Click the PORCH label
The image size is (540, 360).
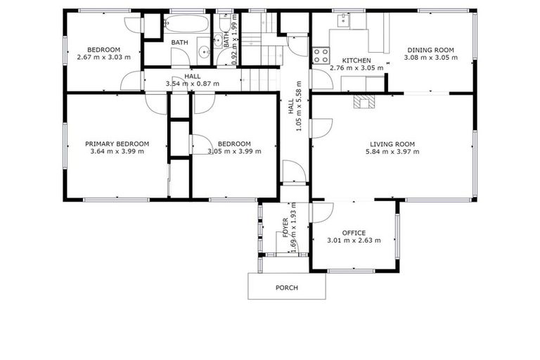[286, 288]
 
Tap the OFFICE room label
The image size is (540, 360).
[354, 233]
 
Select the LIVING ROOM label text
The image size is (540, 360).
[392, 144]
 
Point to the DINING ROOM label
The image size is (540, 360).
[430, 50]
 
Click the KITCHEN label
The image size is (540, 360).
[356, 60]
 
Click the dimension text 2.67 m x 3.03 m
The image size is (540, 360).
[103, 57]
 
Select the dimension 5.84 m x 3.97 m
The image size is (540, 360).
[392, 151]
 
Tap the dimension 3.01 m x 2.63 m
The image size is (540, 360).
[354, 240]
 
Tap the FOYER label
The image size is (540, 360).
[286, 229]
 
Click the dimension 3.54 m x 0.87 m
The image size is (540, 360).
[192, 84]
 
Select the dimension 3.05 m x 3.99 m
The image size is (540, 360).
[234, 151]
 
